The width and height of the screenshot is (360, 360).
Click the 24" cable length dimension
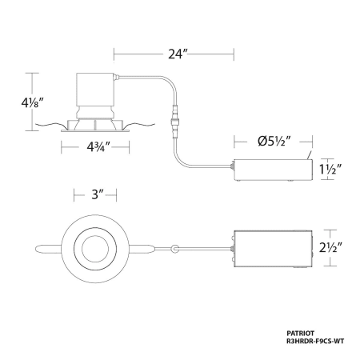click(174, 54)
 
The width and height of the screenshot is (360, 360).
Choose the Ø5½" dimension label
click(273, 142)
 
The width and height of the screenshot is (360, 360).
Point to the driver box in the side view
click(273, 171)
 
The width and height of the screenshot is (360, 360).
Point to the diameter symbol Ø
click(262, 142)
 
